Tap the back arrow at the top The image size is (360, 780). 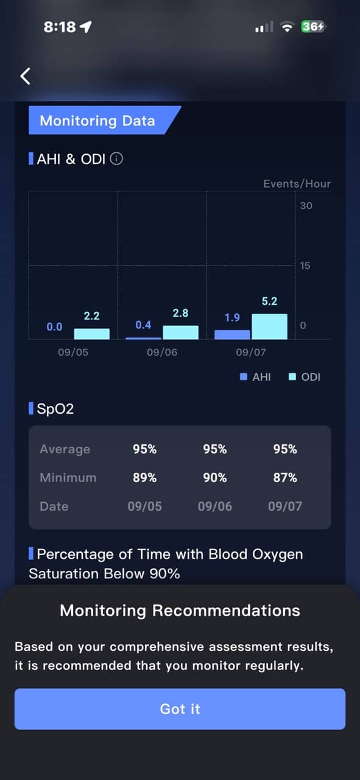pyautogui.click(x=25, y=76)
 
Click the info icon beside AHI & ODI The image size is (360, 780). pyautogui.click(x=116, y=159)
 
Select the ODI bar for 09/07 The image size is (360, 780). pyautogui.click(x=269, y=326)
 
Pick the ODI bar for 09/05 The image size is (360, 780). pyautogui.click(x=91, y=333)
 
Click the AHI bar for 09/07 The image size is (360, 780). pyautogui.click(x=232, y=335)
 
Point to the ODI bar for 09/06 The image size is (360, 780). pyautogui.click(x=180, y=332)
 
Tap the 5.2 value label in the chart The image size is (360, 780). pyautogui.click(x=269, y=301)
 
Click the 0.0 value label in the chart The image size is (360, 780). pyautogui.click(x=54, y=327)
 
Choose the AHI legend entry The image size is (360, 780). pyautogui.click(x=255, y=377)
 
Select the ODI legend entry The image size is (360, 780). pyautogui.click(x=305, y=377)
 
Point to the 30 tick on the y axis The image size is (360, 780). pyautogui.click(x=306, y=206)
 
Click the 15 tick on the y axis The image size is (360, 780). pyautogui.click(x=305, y=266)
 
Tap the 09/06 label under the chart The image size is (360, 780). pyautogui.click(x=162, y=352)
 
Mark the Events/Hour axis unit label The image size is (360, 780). pyautogui.click(x=297, y=183)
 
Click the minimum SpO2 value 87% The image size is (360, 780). pyautogui.click(x=285, y=477)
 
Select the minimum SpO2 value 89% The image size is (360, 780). pyautogui.click(x=144, y=477)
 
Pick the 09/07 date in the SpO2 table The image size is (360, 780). pyautogui.click(x=285, y=506)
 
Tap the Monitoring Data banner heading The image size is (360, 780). pyautogui.click(x=97, y=121)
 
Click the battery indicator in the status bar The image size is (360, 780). pyautogui.click(x=313, y=26)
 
